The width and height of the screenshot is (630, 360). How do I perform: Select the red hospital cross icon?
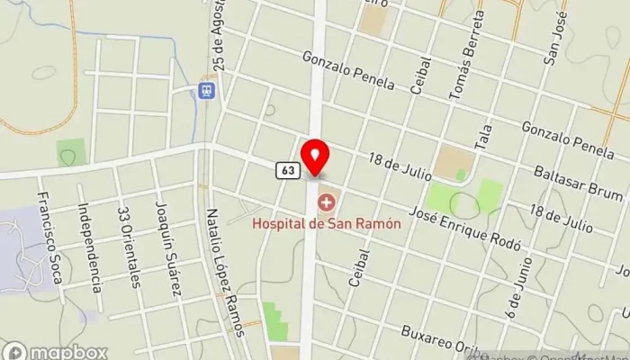[326, 202]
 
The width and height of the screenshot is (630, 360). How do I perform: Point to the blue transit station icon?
[206, 90]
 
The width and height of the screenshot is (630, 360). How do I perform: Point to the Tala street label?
[486, 138]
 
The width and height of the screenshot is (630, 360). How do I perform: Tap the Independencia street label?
[94, 252]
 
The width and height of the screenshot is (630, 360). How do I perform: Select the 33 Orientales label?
[130, 247]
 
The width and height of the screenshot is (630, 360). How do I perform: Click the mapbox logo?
[55, 351]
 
